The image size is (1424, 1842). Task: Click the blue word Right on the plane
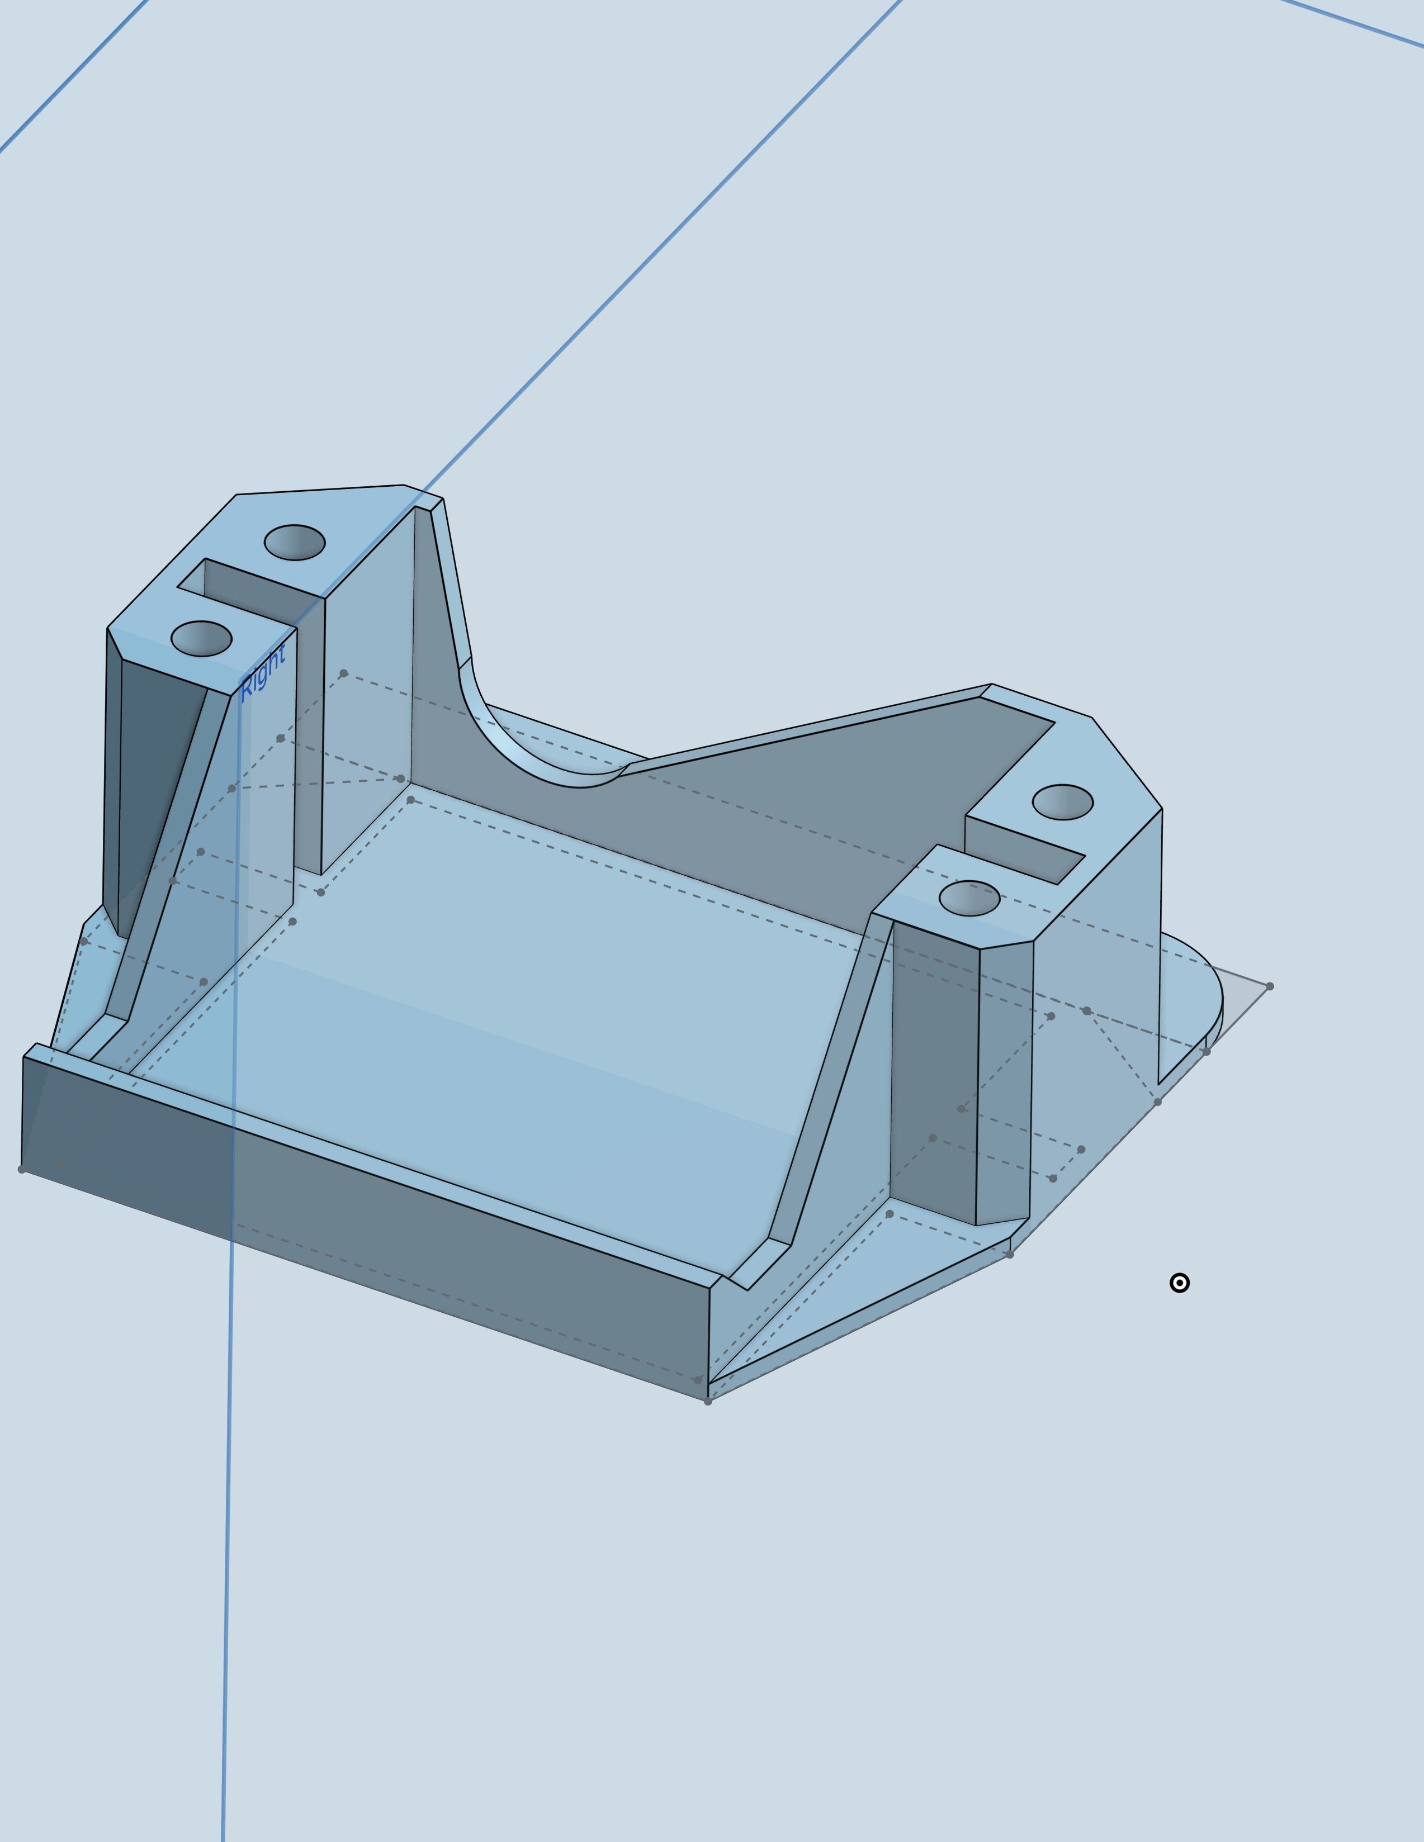tap(263, 672)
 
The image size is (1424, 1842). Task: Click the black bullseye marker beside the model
tap(1179, 1283)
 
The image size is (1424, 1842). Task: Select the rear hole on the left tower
tap(295, 542)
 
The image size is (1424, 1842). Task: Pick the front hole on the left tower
tap(201, 638)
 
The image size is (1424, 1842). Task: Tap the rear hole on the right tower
tap(1062, 801)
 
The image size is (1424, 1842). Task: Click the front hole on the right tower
tap(969, 898)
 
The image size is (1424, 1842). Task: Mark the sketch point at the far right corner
tap(1270, 986)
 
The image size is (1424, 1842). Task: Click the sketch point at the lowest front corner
tap(708, 1401)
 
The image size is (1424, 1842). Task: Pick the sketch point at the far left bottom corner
tap(21, 1169)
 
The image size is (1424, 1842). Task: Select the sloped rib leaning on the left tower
tap(169, 860)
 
